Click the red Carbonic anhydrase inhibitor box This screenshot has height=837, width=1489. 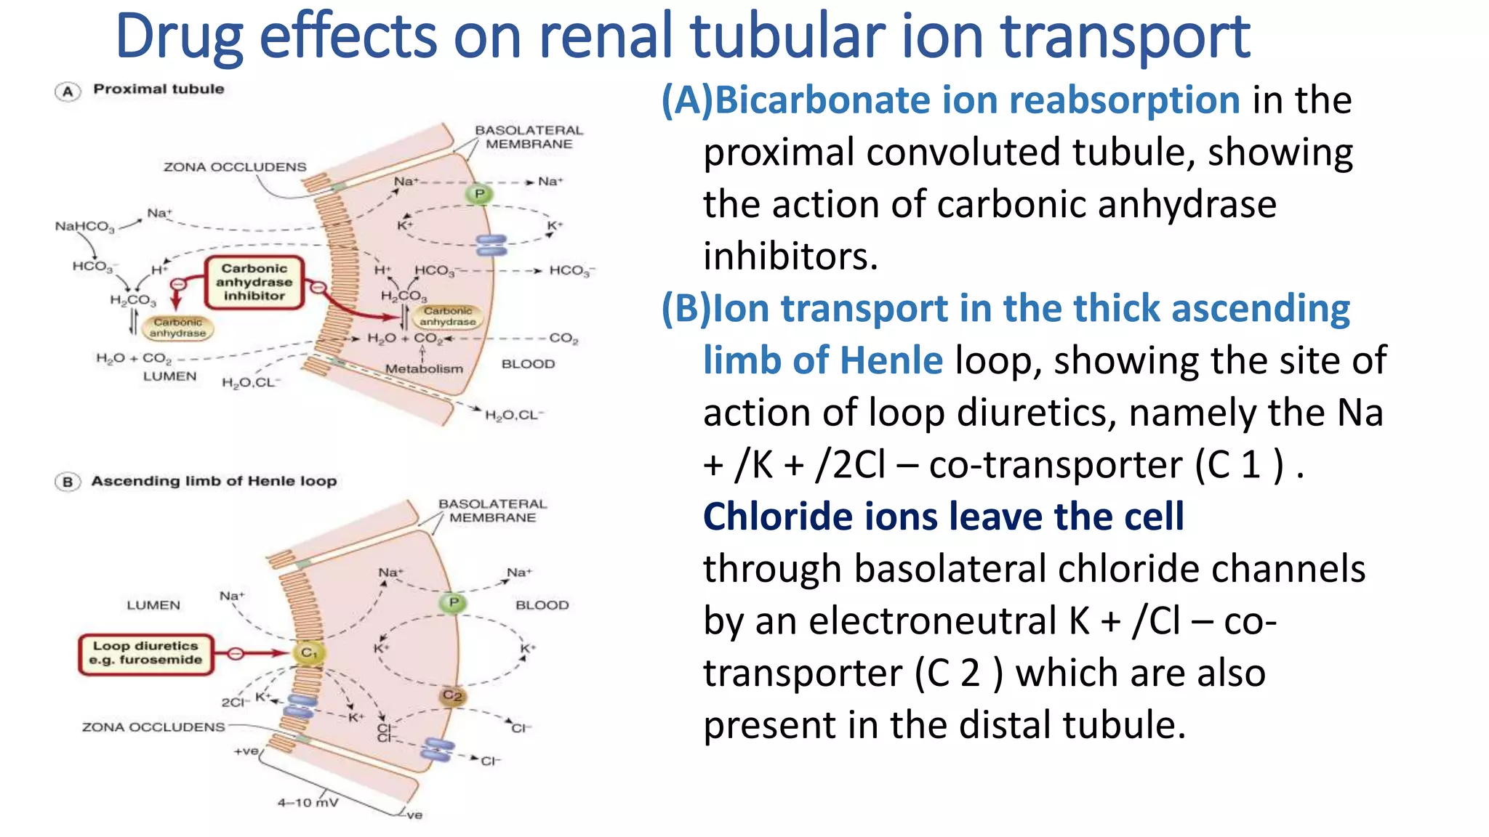(x=254, y=282)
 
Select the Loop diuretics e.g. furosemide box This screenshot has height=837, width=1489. (x=146, y=653)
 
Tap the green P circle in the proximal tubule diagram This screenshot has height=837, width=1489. (x=479, y=194)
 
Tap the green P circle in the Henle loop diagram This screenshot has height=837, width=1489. (x=454, y=602)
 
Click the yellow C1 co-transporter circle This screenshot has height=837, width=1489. (x=309, y=652)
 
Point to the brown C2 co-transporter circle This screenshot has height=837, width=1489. (x=452, y=696)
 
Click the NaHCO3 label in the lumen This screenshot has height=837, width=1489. (x=84, y=227)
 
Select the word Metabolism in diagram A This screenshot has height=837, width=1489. (x=424, y=369)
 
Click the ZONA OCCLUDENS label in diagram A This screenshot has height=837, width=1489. (x=235, y=167)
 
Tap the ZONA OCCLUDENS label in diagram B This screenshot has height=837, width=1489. (x=153, y=727)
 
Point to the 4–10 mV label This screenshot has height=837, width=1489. (x=307, y=803)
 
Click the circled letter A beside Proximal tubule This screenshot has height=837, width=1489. (x=68, y=92)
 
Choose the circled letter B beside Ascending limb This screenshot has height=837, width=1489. (x=68, y=482)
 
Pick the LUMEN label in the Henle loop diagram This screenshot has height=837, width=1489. (x=153, y=605)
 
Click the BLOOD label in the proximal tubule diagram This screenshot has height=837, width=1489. (x=528, y=364)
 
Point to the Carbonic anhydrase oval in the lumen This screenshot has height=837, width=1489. (x=177, y=328)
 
